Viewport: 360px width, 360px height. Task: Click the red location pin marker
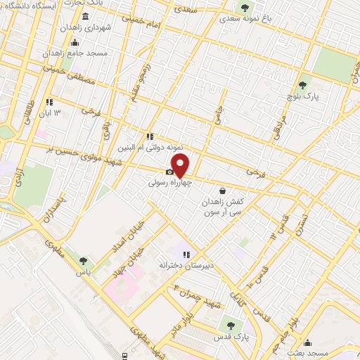point(181,166)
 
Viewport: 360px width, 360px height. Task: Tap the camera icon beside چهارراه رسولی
point(169,172)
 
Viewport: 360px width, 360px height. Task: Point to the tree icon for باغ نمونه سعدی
point(244,8)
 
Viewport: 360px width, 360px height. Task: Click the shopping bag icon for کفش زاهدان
point(223,190)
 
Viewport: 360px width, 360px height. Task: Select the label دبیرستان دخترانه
point(185,265)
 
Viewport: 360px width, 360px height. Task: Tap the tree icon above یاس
point(84,261)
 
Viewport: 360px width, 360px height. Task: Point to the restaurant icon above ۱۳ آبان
point(49,102)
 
